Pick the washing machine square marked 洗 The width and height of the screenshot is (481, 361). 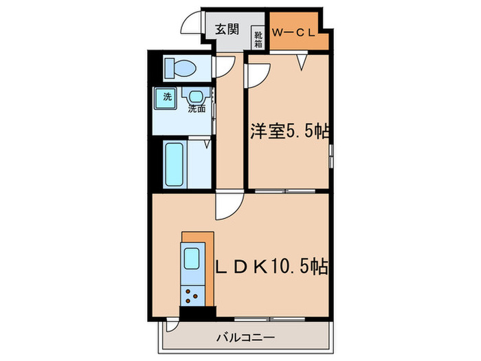(x=167, y=97)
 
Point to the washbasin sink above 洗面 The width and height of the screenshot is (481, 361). (x=198, y=97)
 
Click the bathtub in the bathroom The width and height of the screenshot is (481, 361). (x=175, y=164)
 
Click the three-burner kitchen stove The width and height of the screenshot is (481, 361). (x=192, y=296)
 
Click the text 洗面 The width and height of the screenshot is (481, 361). (x=197, y=109)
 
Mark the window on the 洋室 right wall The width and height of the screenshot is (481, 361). (x=331, y=155)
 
